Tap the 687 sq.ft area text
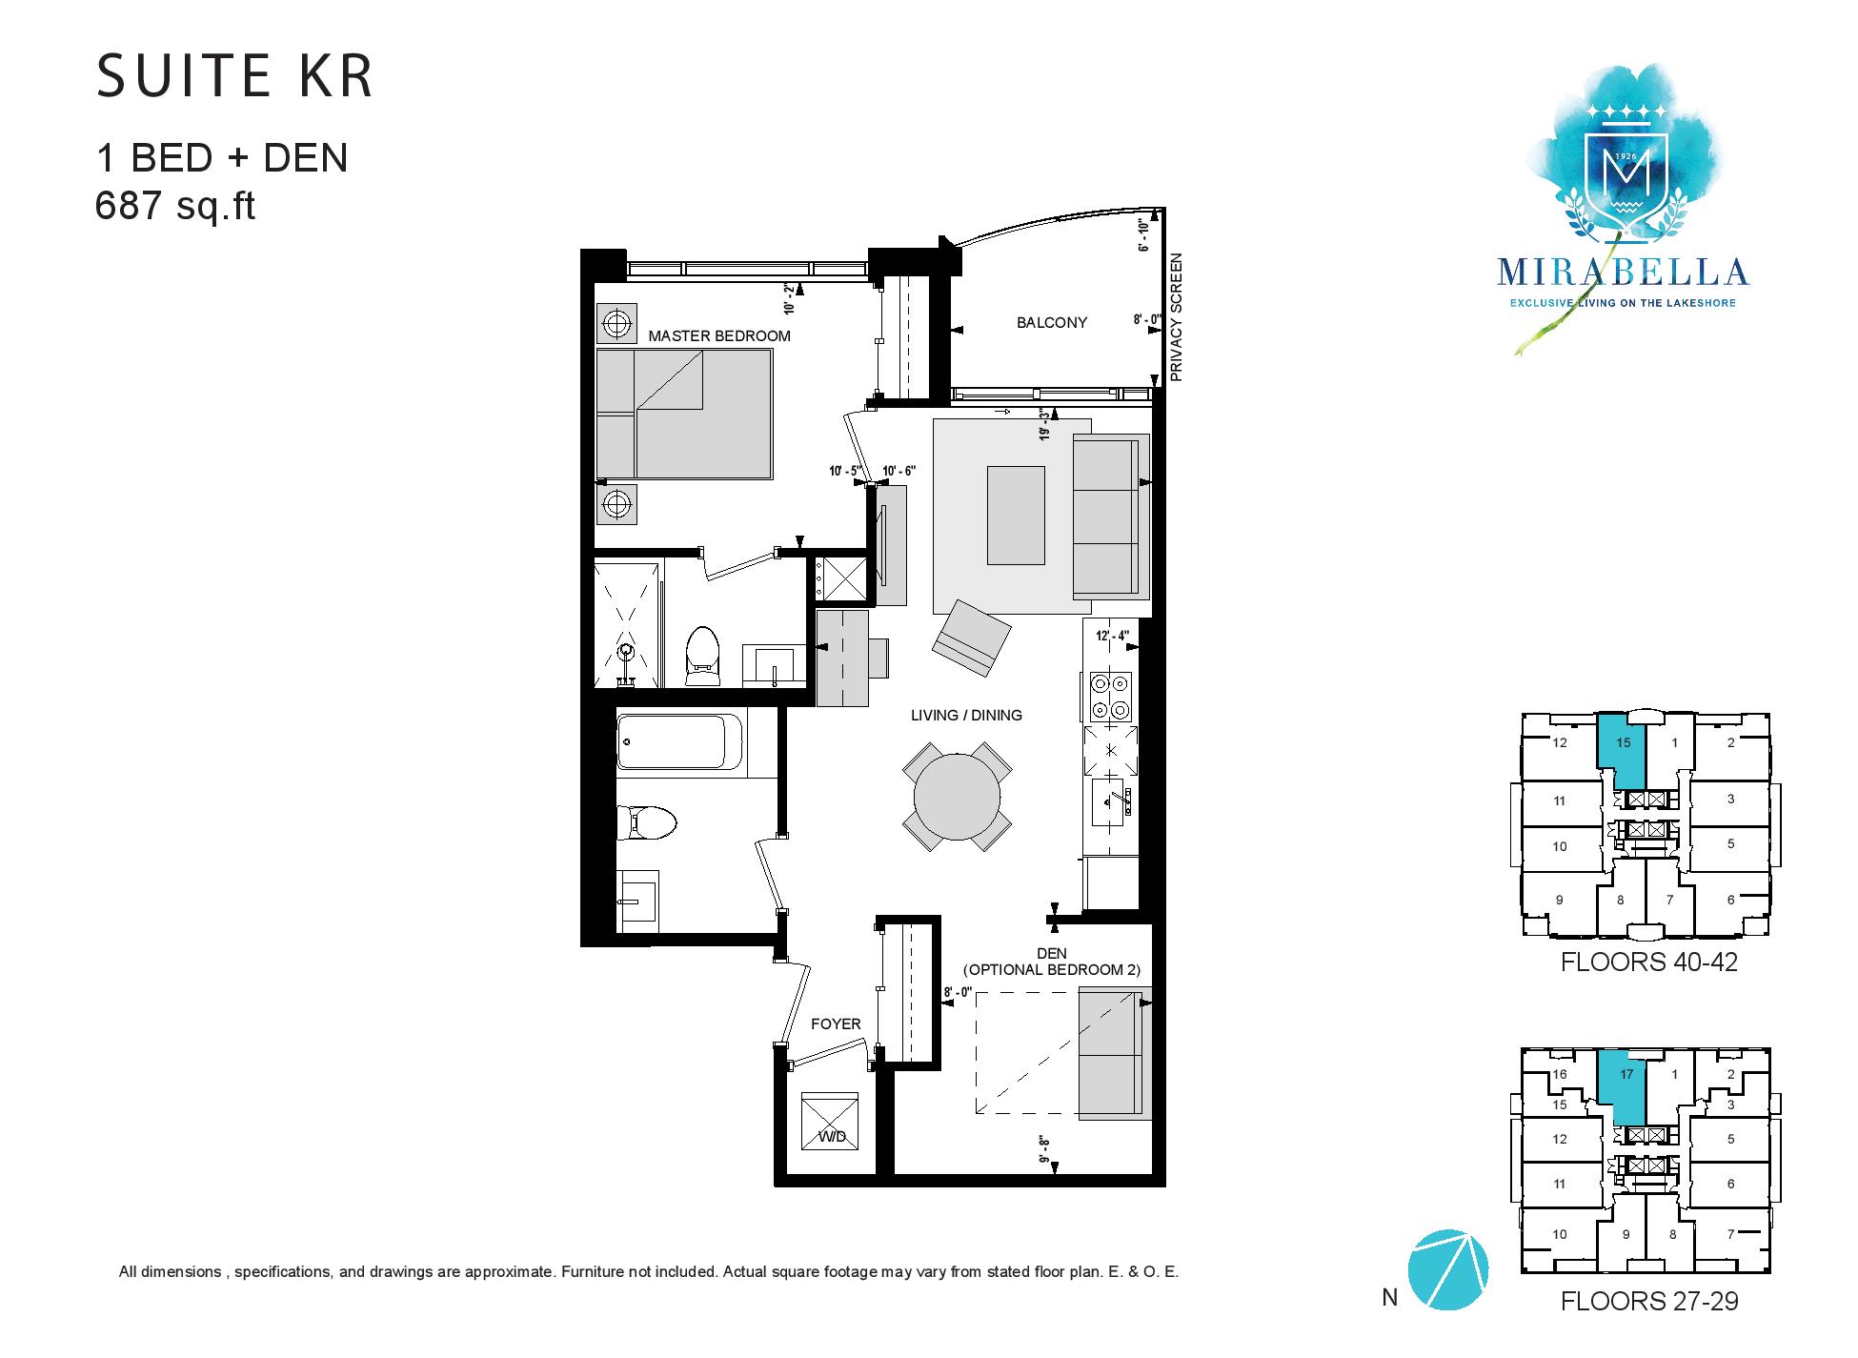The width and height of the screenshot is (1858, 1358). [x=175, y=206]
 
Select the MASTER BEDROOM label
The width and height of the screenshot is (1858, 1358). [x=719, y=335]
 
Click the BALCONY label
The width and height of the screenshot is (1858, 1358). [x=1052, y=322]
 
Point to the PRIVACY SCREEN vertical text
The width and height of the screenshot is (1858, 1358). [x=1176, y=317]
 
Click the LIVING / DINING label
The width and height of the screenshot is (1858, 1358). [x=966, y=715]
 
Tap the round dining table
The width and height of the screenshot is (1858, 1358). [x=958, y=797]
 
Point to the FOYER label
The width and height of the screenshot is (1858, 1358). [x=836, y=1024]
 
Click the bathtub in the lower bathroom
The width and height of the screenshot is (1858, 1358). [x=680, y=741]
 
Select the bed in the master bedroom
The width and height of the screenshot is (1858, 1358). [x=684, y=414]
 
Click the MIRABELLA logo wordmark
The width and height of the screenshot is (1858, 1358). [x=1623, y=272]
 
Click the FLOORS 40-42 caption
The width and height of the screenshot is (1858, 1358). [x=1648, y=962]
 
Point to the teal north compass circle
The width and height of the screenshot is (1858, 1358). [x=1447, y=1268]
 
